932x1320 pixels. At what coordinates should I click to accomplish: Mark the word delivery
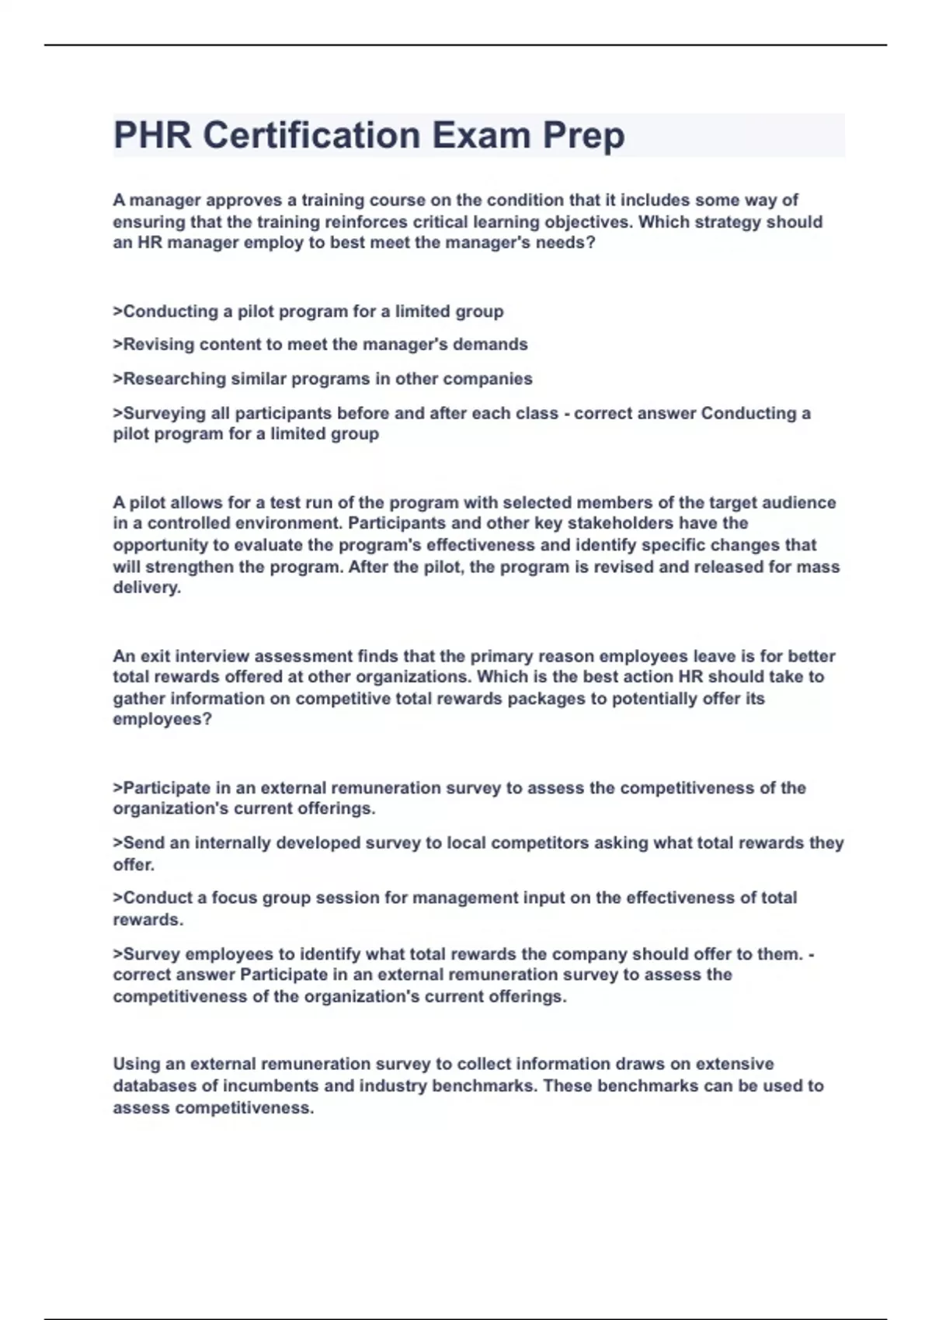click(x=146, y=588)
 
